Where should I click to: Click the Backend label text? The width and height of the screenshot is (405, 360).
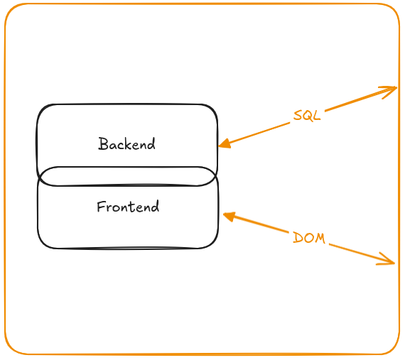point(126,143)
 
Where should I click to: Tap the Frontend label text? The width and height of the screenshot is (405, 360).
point(128,207)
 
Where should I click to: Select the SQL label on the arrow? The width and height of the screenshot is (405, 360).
point(307,116)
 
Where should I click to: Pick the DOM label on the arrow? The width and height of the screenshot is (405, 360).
point(309,238)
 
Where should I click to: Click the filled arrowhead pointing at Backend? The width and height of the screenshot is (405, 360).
point(225,143)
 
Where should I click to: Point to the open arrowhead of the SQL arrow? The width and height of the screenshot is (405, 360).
point(389,92)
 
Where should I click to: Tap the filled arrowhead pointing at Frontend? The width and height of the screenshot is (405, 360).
point(229,217)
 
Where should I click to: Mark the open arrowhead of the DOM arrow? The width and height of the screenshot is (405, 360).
point(386,259)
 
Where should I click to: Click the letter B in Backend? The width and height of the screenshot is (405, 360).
point(103,143)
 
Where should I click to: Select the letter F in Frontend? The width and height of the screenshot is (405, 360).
point(101,207)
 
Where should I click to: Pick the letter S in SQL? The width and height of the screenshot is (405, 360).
point(298,115)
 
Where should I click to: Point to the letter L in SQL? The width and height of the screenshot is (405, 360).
point(317,116)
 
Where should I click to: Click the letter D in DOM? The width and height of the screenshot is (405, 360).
point(297,237)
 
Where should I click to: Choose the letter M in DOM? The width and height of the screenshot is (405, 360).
point(320,239)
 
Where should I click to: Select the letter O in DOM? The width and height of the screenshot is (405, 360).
point(308,238)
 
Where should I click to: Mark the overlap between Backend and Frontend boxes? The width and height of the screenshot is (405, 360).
point(126,176)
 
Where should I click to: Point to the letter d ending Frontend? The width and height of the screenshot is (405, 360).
point(155,207)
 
